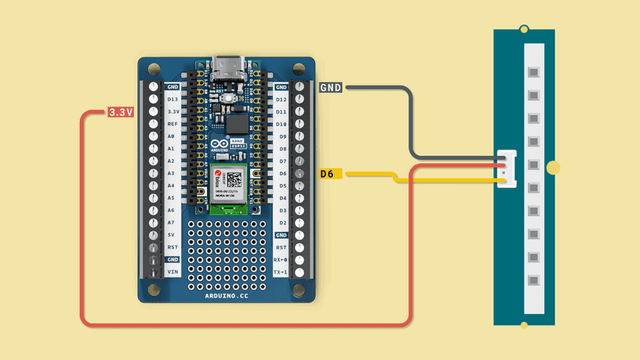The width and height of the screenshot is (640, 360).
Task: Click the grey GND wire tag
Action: tap(331, 88)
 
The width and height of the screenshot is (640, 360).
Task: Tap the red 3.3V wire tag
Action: tap(120, 112)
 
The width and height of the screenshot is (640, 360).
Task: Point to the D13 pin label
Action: tap(173, 99)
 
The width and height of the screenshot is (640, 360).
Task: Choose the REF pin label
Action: tap(173, 124)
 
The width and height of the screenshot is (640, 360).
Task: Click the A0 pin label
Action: tap(171, 136)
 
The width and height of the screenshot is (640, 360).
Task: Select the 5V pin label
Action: tap(172, 234)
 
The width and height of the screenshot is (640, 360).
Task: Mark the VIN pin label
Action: tap(173, 272)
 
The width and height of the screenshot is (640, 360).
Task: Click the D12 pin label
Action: tap(281, 99)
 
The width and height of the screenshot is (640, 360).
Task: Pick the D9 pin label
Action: tap(283, 136)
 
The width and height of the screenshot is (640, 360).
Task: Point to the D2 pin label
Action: tap(283, 222)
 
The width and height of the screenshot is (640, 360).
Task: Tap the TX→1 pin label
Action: tap(281, 272)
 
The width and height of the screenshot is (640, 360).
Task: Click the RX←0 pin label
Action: tap(281, 259)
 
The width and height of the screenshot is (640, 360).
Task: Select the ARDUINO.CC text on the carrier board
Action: tap(227, 295)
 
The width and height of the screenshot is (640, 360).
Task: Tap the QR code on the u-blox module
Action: tap(234, 180)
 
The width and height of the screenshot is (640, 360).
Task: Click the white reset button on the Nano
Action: tap(228, 98)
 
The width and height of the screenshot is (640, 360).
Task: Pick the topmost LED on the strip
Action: tap(533, 73)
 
